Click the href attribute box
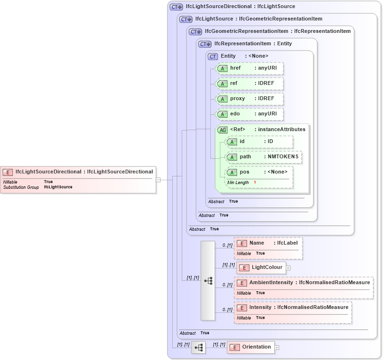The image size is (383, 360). coord(250,68)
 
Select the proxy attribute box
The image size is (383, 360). coord(250,99)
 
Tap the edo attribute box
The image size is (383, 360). coord(250,114)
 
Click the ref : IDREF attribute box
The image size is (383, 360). coord(250,83)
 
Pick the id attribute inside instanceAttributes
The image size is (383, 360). coord(259,142)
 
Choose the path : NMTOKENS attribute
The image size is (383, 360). coord(264,157)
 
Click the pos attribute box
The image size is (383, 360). coord(259,172)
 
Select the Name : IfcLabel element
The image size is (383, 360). coord(268,243)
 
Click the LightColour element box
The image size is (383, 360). coord(261,267)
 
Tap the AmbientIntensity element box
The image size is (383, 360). coord(303,283)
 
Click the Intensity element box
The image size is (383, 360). coord(293,308)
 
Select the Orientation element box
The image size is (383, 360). coord(251,347)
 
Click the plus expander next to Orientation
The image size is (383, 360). coord(277,348)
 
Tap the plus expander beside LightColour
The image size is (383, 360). coord(289,268)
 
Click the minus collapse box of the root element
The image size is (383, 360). coord(158,179)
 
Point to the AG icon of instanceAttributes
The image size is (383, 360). coord(222,130)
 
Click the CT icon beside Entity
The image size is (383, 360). coord(213,56)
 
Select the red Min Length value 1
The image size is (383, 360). coord(255,183)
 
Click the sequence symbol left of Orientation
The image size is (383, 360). coord(198,348)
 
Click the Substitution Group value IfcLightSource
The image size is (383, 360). coord(58,187)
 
